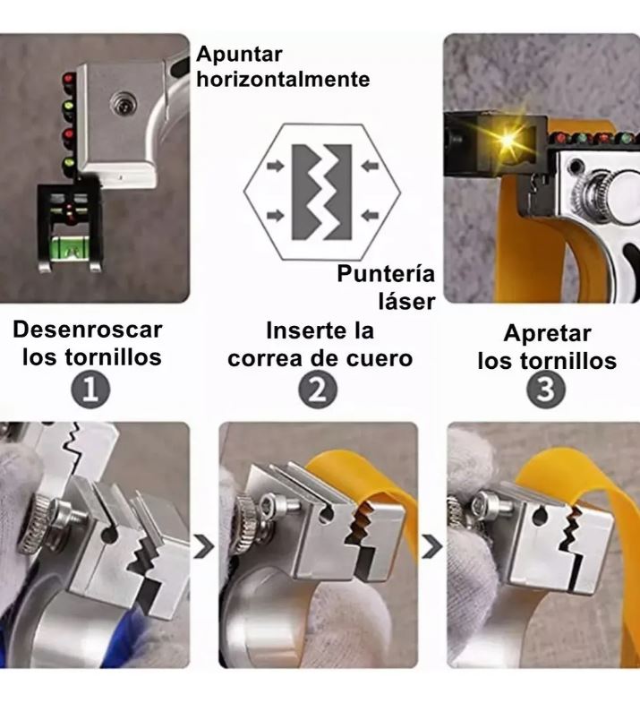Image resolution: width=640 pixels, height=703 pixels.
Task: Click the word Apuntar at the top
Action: [240, 54]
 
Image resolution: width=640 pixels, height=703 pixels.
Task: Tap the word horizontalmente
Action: [283, 80]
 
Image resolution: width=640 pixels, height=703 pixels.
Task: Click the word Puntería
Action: [386, 275]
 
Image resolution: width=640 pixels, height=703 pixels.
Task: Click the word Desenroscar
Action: [88, 330]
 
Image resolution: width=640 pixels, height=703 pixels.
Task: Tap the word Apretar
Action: [547, 334]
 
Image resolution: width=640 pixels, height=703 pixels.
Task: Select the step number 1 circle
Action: [90, 390]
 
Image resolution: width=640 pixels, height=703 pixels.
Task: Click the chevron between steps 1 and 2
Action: [204, 545]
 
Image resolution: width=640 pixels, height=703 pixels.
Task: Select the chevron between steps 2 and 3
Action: [432, 545]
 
